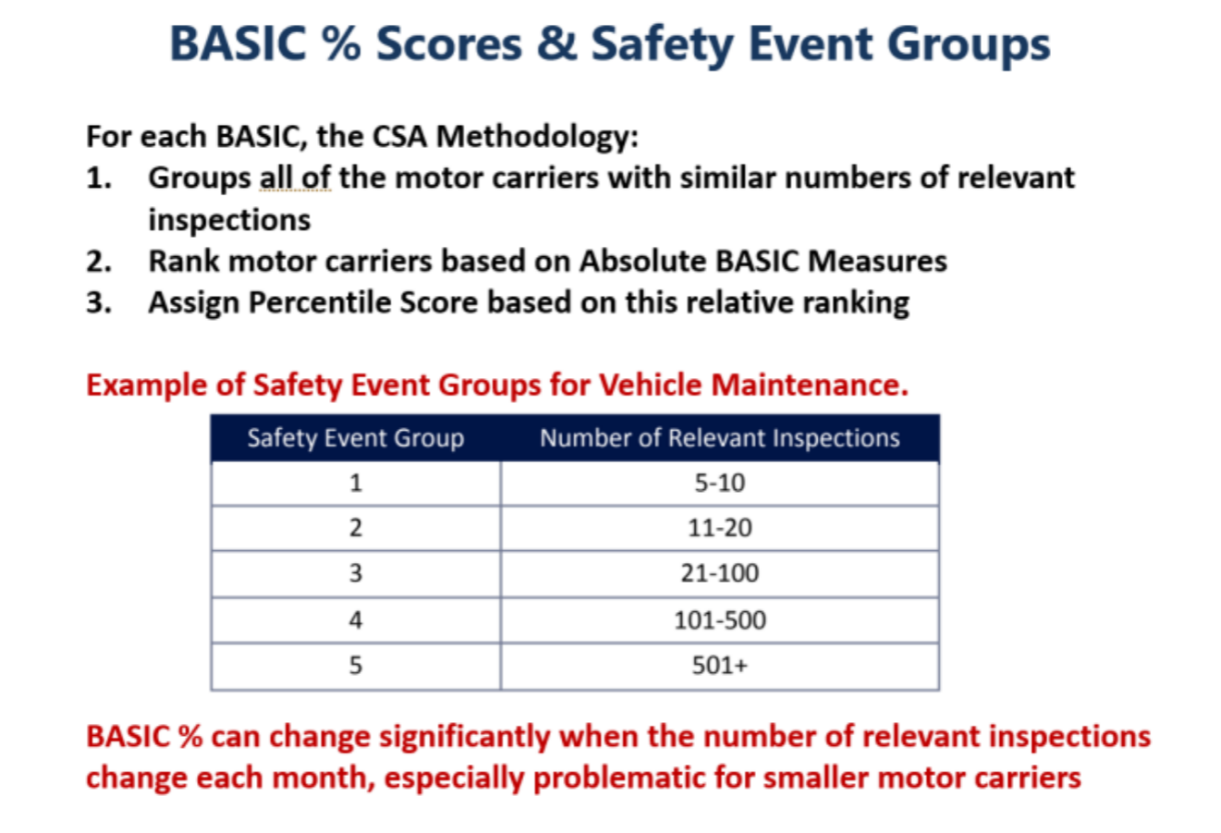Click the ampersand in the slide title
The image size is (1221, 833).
click(x=556, y=43)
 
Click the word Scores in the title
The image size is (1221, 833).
click(x=449, y=43)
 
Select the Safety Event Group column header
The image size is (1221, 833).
click(x=356, y=437)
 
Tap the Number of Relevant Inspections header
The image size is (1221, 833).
click(x=719, y=437)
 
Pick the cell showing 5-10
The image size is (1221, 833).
click(x=719, y=484)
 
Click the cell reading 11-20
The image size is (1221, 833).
click(x=719, y=528)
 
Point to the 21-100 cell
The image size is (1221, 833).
click(x=719, y=573)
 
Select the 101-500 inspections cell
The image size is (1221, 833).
click(x=719, y=619)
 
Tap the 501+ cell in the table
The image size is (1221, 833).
click(x=719, y=666)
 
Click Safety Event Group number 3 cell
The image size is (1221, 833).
click(x=356, y=573)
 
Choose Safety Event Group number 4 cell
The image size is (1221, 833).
click(x=356, y=619)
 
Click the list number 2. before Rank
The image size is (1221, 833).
click(x=99, y=261)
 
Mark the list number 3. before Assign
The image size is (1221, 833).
click(x=99, y=302)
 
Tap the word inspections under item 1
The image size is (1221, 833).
click(x=229, y=221)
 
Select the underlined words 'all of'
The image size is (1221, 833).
click(x=295, y=178)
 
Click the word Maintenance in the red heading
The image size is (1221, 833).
click(x=809, y=385)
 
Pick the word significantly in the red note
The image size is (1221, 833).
click(x=465, y=738)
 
